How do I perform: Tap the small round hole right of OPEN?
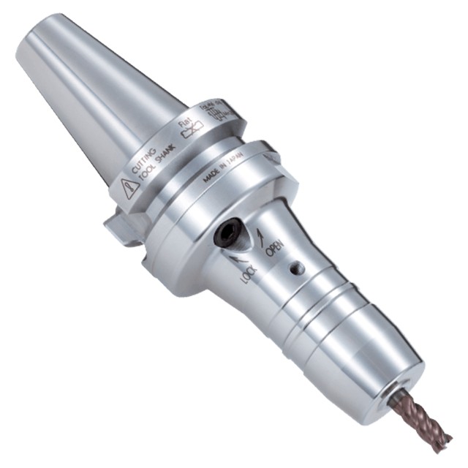pos(296,269)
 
